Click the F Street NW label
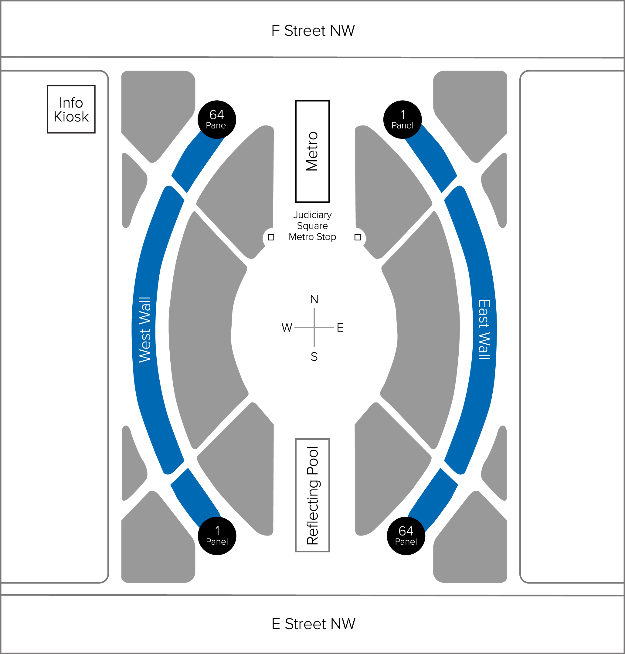(313, 31)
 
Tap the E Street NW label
(313, 624)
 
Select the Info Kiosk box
(71, 109)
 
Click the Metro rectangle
(313, 151)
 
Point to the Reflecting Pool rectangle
(313, 495)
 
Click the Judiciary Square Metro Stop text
(313, 225)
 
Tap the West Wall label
(145, 330)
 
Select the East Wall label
(484, 330)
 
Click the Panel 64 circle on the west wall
(217, 119)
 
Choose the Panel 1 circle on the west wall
(217, 536)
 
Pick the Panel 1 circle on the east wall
(403, 119)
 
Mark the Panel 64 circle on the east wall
(406, 536)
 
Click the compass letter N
(314, 299)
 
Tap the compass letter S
(314, 357)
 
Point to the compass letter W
(287, 328)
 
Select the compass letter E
(340, 328)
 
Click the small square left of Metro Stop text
(271, 237)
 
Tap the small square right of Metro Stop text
(358, 237)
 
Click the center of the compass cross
(314, 328)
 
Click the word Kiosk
(71, 117)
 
